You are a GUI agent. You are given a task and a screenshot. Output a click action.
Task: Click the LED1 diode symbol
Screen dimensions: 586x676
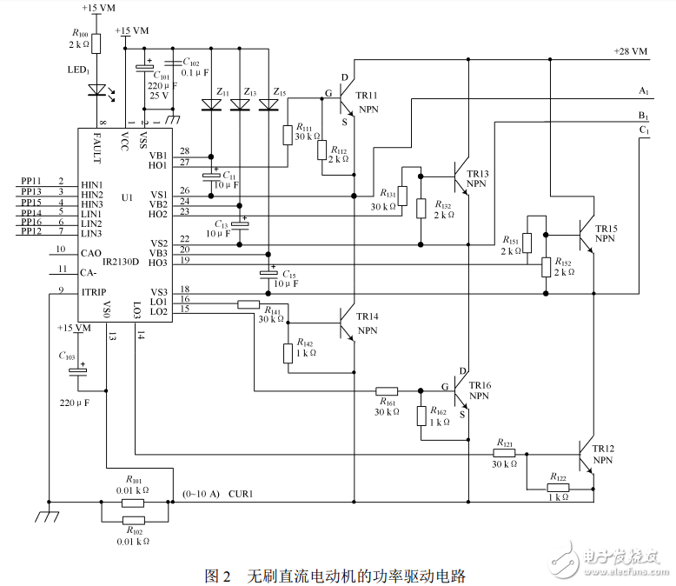pyautogui.click(x=96, y=90)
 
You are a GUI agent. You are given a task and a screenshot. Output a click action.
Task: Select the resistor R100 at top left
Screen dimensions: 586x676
pyautogui.click(x=96, y=43)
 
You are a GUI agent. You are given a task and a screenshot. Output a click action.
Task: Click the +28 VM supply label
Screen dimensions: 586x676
pyautogui.click(x=630, y=52)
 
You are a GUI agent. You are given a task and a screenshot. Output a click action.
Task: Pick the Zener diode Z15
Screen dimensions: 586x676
pyautogui.click(x=269, y=105)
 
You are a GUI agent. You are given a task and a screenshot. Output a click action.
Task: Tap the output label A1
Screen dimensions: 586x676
pyautogui.click(x=643, y=90)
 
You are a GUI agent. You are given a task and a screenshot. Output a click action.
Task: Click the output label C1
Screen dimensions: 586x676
pyautogui.click(x=644, y=130)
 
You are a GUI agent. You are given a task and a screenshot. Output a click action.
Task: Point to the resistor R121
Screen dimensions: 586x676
pyautogui.click(x=504, y=452)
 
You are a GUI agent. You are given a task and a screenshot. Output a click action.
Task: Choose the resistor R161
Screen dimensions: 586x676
pyautogui.click(x=387, y=390)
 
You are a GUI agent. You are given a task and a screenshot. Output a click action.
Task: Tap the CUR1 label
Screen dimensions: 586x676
pyautogui.click(x=241, y=493)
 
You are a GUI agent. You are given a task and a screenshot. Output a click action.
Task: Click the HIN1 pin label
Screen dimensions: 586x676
pyautogui.click(x=92, y=185)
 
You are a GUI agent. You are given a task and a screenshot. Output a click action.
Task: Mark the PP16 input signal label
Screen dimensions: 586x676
pyautogui.click(x=31, y=223)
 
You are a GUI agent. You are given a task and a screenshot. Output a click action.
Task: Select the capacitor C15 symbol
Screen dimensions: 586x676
pyautogui.click(x=269, y=275)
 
